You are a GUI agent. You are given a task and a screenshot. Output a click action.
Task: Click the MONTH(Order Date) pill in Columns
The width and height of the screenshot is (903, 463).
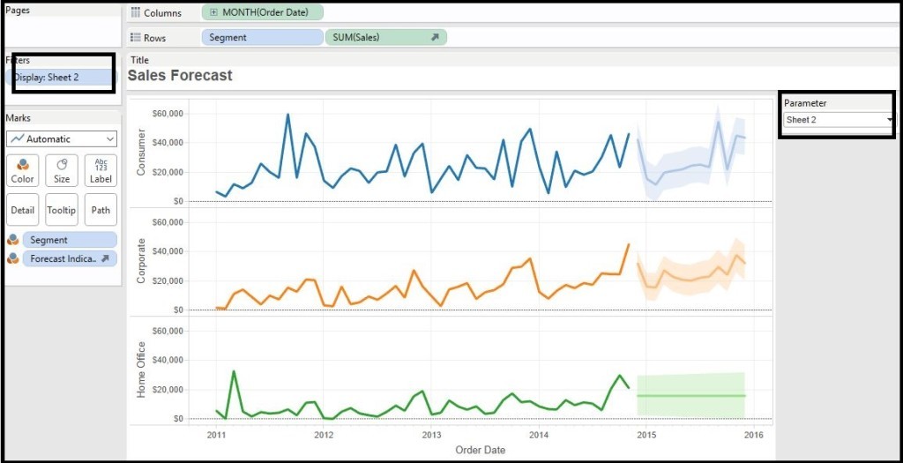[x=262, y=12]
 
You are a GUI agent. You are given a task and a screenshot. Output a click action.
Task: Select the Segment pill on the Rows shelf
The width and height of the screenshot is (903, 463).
[x=262, y=38]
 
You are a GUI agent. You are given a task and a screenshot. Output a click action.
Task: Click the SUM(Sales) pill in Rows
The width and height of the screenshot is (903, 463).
[x=385, y=38]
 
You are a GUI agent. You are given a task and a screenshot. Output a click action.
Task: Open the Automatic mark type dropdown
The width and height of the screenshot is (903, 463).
[x=62, y=138]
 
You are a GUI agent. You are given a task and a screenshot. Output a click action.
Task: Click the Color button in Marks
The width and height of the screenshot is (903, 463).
[x=22, y=170]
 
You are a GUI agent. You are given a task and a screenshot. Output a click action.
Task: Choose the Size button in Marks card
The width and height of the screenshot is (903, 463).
[x=62, y=170]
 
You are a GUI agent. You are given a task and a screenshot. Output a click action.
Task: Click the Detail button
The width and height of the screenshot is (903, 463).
[x=22, y=210]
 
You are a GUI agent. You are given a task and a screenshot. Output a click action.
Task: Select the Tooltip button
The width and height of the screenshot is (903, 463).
[x=62, y=210]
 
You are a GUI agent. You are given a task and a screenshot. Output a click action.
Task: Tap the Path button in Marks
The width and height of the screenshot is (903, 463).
[x=101, y=210]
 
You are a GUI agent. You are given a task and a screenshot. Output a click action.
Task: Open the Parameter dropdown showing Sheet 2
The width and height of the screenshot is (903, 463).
[x=838, y=119]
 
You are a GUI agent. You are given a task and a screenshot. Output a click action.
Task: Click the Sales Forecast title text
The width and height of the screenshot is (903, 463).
[x=180, y=76]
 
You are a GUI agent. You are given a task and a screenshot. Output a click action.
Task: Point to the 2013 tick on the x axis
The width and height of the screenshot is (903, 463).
[x=431, y=435]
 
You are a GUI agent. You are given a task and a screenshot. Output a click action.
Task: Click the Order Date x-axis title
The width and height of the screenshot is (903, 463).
[x=480, y=450]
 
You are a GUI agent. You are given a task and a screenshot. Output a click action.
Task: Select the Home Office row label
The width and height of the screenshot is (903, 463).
[x=141, y=370]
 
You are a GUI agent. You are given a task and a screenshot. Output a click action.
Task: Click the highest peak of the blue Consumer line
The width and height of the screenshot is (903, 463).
[x=287, y=114]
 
